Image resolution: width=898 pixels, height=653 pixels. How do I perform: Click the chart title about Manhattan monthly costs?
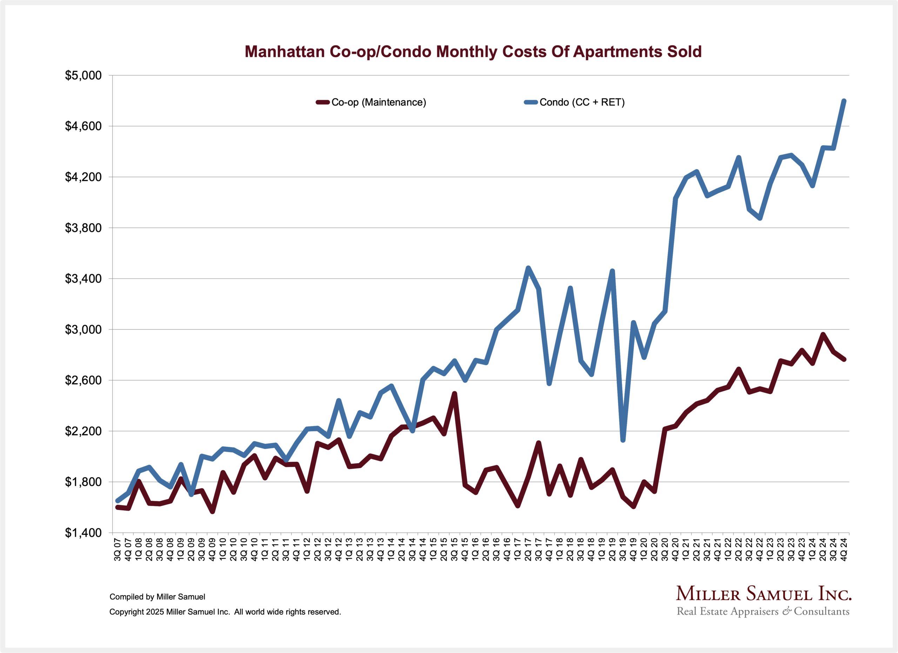pos(473,52)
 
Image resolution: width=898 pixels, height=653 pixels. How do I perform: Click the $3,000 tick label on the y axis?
pos(83,329)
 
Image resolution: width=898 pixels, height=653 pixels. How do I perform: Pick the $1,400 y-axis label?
pos(83,533)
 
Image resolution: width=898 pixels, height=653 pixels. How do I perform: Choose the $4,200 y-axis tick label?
pos(83,177)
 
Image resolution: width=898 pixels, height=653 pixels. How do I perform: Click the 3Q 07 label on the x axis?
pos(118,549)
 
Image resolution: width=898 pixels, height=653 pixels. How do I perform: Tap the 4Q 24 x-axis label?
pos(844,549)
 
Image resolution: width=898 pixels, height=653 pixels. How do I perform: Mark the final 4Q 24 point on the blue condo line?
pos(844,101)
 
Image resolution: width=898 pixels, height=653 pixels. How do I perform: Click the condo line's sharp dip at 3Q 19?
pos(623,440)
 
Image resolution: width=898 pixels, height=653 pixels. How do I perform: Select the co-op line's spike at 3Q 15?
pos(455,393)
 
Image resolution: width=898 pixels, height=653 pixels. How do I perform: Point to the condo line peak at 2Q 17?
pos(528,268)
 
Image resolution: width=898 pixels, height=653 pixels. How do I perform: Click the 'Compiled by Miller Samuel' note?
pos(157,597)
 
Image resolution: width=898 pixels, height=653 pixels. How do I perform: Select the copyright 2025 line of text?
pos(225,612)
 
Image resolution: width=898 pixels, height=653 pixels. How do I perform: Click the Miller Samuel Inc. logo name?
pos(764,594)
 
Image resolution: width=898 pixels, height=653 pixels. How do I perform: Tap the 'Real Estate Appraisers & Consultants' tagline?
pos(763,612)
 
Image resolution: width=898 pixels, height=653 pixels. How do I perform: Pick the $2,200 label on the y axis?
pos(83,431)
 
